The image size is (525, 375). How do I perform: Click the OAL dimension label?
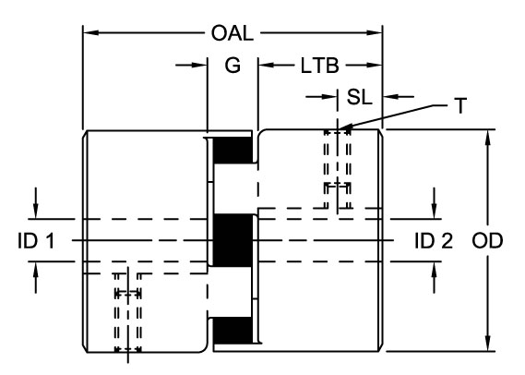click(232, 33)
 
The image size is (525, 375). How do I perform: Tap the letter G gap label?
click(233, 65)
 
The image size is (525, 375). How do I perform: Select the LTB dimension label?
click(319, 66)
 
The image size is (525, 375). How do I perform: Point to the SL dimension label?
click(359, 97)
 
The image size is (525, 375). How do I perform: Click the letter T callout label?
click(460, 106)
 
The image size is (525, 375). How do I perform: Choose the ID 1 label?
click(36, 241)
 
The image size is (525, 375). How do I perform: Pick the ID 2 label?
click(434, 241)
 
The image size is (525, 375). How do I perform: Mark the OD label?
click(487, 241)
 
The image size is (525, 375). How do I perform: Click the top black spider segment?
click(233, 150)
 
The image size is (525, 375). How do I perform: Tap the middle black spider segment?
click(233, 240)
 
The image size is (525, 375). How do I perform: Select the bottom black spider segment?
click(233, 331)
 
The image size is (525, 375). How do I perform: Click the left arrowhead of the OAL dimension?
click(91, 33)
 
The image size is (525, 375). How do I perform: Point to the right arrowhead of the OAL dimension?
click(374, 33)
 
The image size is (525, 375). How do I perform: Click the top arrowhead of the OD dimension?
click(488, 138)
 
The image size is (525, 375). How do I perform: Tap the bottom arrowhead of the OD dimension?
click(488, 344)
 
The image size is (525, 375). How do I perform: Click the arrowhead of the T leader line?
click(345, 127)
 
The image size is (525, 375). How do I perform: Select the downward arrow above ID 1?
click(36, 203)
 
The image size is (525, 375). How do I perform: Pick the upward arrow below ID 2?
click(435, 277)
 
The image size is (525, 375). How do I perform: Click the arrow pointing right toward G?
click(191, 65)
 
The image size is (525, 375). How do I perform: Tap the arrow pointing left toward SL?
click(399, 97)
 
